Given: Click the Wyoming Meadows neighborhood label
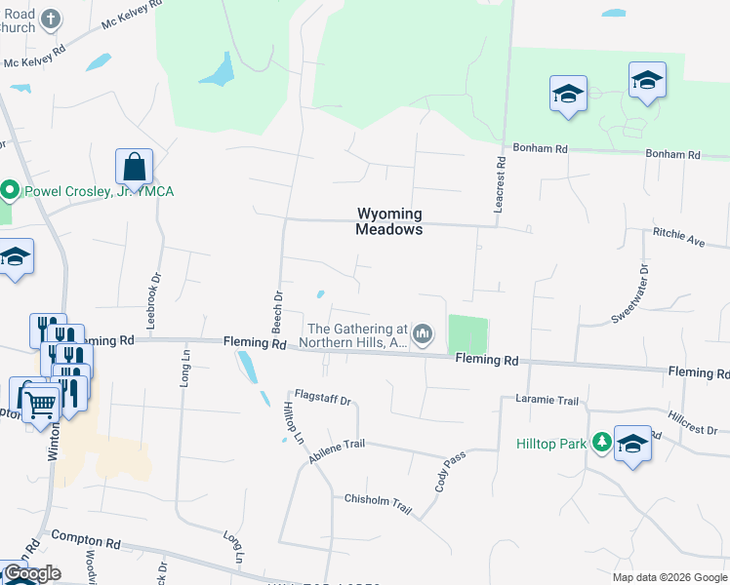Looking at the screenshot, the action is (389, 221).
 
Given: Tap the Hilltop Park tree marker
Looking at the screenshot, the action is (602, 443).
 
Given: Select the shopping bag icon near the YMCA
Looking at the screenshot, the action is (135, 168).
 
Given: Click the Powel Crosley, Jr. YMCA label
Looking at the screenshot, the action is (96, 190).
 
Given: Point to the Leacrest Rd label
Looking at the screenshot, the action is (499, 178).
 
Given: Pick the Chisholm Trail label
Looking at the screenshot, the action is (378, 500).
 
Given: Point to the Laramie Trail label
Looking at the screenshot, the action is (547, 400).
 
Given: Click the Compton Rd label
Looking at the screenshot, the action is (85, 537).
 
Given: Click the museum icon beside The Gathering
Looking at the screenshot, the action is (422, 335).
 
